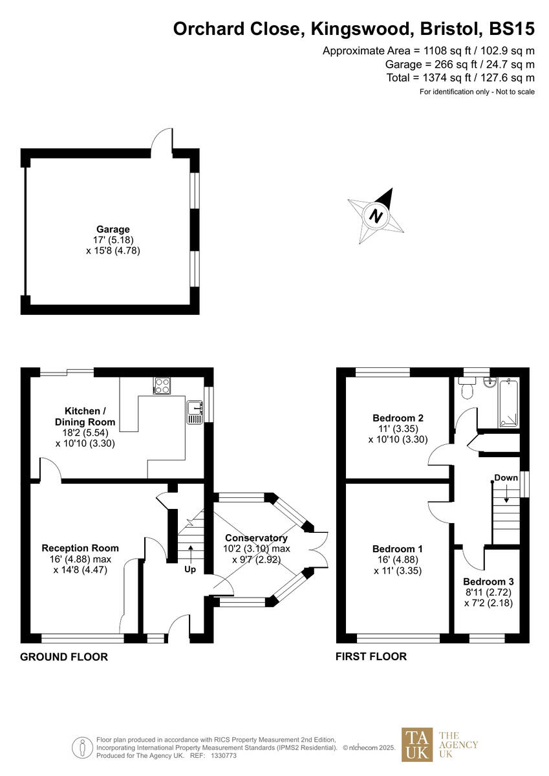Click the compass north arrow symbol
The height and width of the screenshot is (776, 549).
click(x=376, y=216)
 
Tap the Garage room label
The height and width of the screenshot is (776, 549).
click(x=113, y=229)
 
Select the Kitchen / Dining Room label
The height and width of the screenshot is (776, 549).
click(x=82, y=416)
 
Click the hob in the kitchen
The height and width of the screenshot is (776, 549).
click(x=162, y=387)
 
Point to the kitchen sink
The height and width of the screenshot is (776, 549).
click(x=194, y=412)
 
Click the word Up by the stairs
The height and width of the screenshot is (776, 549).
click(x=191, y=570)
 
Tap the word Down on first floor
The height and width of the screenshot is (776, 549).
click(x=506, y=478)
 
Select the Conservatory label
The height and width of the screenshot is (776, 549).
click(x=256, y=538)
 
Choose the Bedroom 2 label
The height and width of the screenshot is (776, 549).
click(x=398, y=417)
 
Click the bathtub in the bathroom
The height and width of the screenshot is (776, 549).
click(x=508, y=403)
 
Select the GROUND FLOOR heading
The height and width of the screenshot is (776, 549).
click(x=64, y=657)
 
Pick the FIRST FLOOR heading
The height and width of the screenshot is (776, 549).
click(x=371, y=657)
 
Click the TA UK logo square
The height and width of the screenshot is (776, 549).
click(x=418, y=744)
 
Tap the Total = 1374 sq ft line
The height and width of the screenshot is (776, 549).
click(x=460, y=78)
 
